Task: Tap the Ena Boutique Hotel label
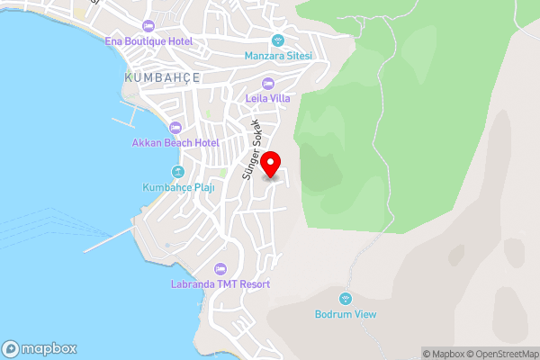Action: [x=149, y=41]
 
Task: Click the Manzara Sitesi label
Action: [x=278, y=56]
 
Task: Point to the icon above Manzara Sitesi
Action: [x=278, y=40]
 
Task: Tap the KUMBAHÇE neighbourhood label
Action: [x=162, y=78]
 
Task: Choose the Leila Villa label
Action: [x=267, y=98]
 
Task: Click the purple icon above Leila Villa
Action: [x=267, y=84]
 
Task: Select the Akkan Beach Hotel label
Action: [x=175, y=143]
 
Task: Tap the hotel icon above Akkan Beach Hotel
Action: [x=175, y=128]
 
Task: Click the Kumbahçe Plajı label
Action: [x=177, y=187]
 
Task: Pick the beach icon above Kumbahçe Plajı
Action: [x=177, y=172]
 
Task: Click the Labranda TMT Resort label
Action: [x=220, y=284]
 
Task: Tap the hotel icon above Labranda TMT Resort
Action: [x=220, y=269]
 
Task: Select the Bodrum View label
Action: [x=346, y=314]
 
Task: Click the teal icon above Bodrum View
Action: [x=345, y=299]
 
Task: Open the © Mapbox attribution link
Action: [x=444, y=354]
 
